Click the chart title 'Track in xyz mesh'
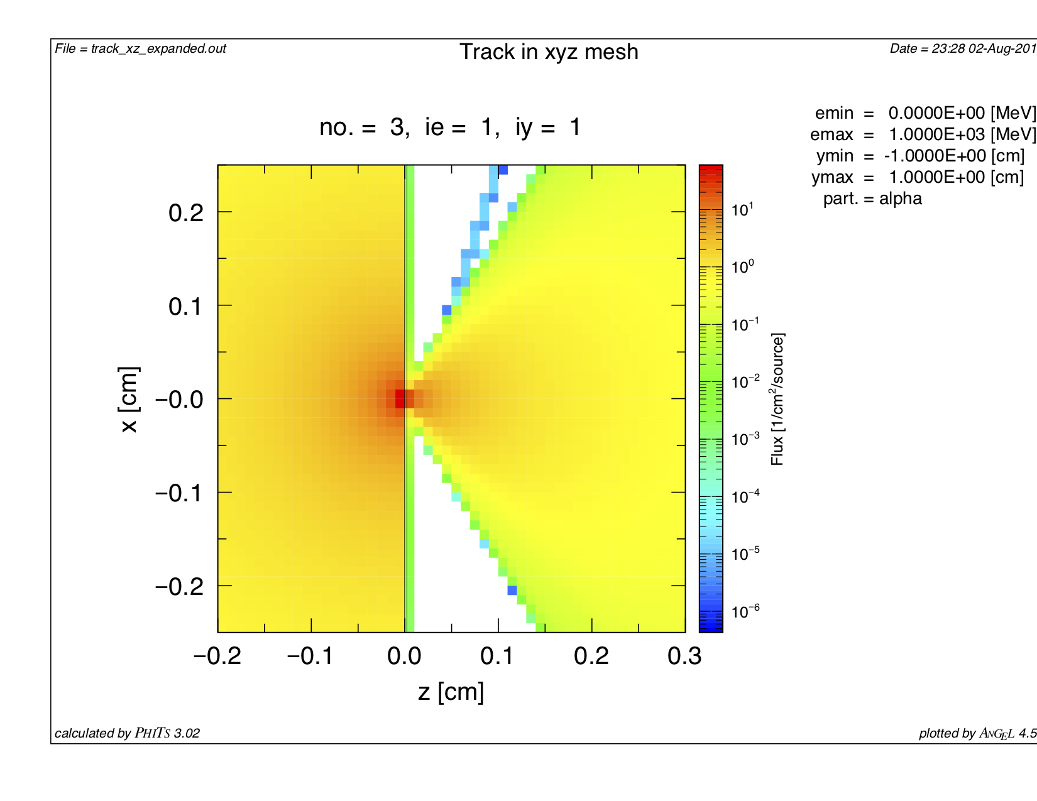pyautogui.click(x=549, y=52)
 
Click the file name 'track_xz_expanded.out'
pyautogui.click(x=158, y=49)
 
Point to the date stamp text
pyautogui.click(x=962, y=49)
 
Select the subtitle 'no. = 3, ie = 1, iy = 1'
pyautogui.click(x=450, y=128)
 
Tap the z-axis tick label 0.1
pyautogui.click(x=497, y=657)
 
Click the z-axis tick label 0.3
pyautogui.click(x=684, y=657)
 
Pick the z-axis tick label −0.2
pyautogui.click(x=217, y=657)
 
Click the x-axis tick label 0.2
pyautogui.click(x=186, y=213)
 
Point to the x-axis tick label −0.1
pyautogui.click(x=179, y=493)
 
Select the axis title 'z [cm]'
pyautogui.click(x=451, y=692)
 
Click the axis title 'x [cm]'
pyautogui.click(x=129, y=399)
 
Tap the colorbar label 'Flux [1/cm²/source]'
pyautogui.click(x=778, y=399)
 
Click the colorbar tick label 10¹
pyautogui.click(x=742, y=209)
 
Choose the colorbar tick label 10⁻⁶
pyautogui.click(x=745, y=611)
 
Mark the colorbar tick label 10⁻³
pyautogui.click(x=745, y=439)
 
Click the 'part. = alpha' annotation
pyautogui.click(x=872, y=199)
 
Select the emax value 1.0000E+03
pyautogui.click(x=936, y=135)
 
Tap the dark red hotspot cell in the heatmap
pyautogui.click(x=400, y=399)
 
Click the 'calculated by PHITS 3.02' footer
pyautogui.click(x=128, y=733)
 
